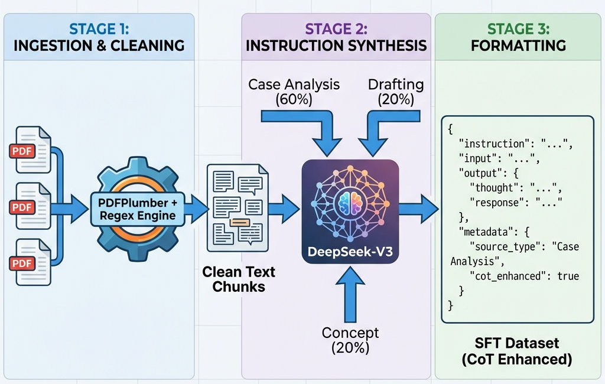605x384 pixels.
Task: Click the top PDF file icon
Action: (30, 150)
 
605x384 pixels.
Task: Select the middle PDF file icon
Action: (30, 207)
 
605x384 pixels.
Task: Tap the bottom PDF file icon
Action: (30, 263)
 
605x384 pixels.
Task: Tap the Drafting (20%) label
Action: (395, 92)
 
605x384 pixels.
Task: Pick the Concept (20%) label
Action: (350, 340)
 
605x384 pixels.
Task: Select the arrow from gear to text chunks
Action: (197, 207)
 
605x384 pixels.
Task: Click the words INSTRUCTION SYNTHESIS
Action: (336, 45)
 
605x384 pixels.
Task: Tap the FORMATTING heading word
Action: (518, 45)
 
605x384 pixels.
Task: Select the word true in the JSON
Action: (568, 276)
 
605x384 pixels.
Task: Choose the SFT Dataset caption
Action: (518, 343)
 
